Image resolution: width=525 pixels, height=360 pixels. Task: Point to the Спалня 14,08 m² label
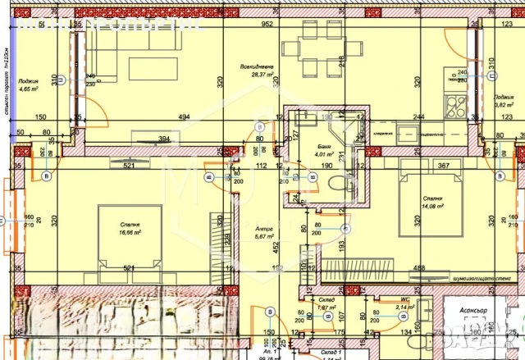coord(432,203)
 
